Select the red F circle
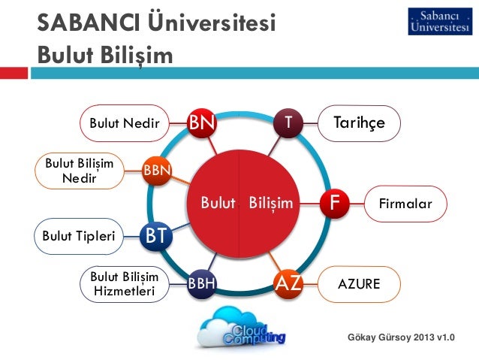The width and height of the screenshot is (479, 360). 335,202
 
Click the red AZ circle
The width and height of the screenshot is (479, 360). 288,283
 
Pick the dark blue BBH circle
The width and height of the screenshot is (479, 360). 201,284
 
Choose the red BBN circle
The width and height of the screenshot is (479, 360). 158,169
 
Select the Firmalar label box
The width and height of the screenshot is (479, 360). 407,203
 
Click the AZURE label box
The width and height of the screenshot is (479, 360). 359,284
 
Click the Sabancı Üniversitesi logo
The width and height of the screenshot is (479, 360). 440,21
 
